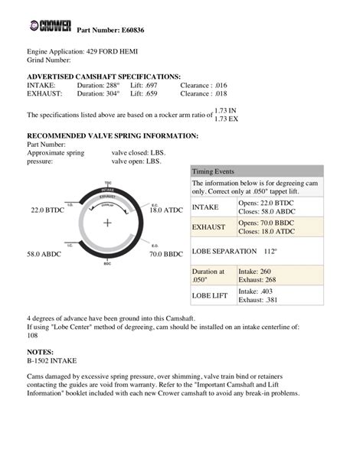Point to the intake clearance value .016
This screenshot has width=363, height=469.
point(221,86)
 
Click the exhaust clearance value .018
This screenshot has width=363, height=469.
point(221,95)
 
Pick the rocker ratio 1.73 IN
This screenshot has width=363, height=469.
point(227,110)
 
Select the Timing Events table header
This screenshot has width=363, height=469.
point(214,171)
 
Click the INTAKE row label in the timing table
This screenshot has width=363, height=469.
point(206,207)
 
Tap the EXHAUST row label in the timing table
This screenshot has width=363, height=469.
point(208,227)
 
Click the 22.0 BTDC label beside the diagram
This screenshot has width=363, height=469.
point(47,209)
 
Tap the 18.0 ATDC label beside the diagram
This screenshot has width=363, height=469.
point(166,209)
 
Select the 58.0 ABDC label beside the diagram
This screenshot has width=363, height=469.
point(44,253)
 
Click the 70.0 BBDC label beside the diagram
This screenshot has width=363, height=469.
point(166,253)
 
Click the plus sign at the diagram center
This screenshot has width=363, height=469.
point(107,223)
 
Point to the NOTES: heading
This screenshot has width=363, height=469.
point(41,349)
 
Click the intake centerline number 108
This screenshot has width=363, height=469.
point(33,334)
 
